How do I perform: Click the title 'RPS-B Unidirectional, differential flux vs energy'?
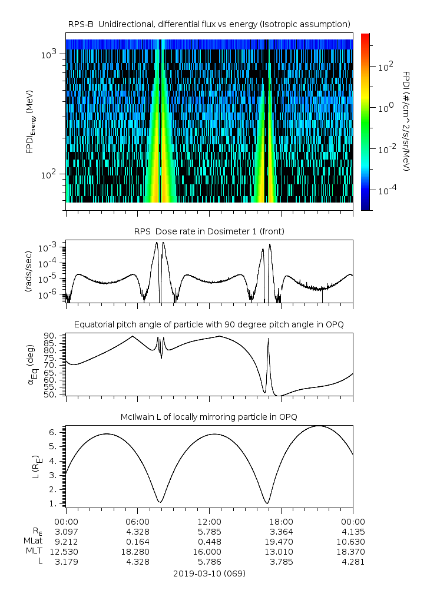pyautogui.click(x=210, y=24)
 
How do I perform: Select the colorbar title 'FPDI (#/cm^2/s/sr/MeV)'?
pyautogui.click(x=407, y=121)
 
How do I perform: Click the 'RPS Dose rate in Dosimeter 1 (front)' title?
pyautogui.click(x=210, y=231)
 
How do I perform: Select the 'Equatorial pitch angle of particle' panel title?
pyautogui.click(x=210, y=324)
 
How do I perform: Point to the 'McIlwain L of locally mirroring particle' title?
pyautogui.click(x=210, y=417)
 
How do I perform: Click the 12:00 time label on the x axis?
pyautogui.click(x=210, y=521)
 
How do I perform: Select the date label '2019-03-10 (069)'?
pyautogui.click(x=210, y=573)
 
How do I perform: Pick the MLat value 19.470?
pyautogui.click(x=282, y=541)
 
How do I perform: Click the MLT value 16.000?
pyautogui.click(x=210, y=551)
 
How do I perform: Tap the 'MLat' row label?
pyautogui.click(x=33, y=541)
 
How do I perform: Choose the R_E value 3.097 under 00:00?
pyautogui.click(x=66, y=531)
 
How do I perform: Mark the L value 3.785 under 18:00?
pyautogui.click(x=282, y=561)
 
